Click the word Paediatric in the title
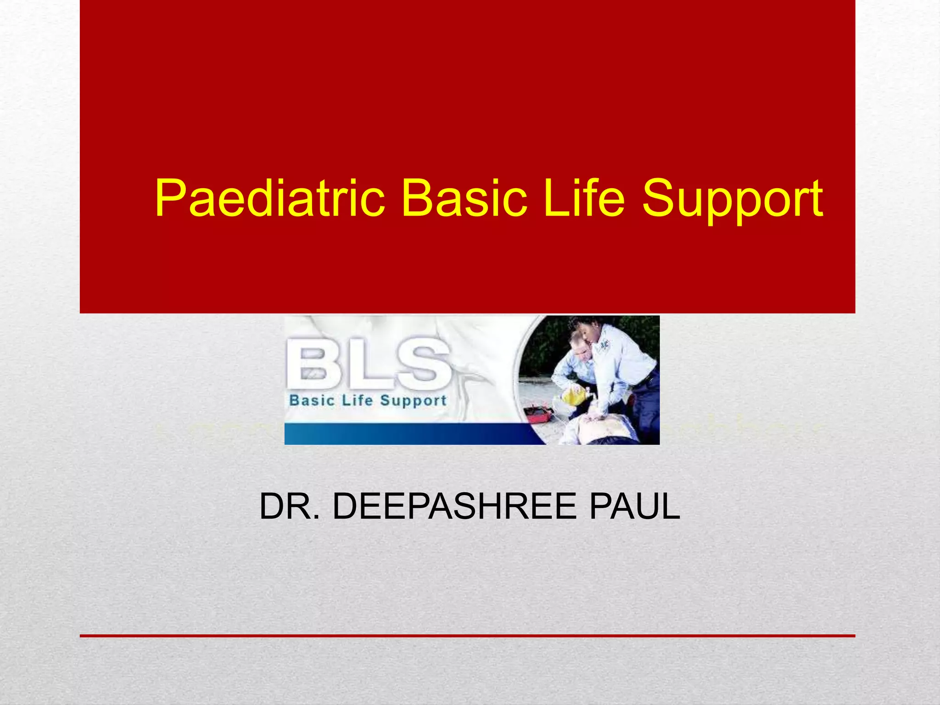270,198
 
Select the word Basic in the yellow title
464,198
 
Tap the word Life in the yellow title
584,198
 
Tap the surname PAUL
634,506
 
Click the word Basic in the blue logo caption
312,400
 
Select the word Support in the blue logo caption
413,401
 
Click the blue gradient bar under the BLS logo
404,434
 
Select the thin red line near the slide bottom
467,636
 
